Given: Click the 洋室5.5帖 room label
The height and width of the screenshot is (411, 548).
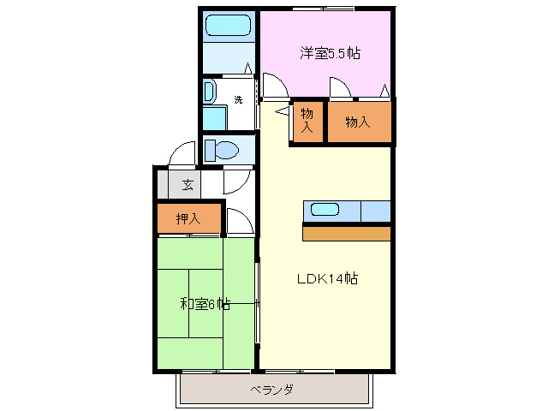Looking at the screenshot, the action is pos(330,53).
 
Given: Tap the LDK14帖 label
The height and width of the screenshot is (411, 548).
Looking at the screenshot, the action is pos(327,278).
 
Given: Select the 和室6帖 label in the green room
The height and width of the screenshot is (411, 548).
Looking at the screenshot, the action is pos(205,304).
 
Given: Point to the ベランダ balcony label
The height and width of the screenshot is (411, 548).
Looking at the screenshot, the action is pos(272,390).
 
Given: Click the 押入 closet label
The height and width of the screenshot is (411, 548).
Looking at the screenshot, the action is pos(188,219).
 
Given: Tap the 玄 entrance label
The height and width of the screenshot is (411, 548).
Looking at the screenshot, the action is pos(188,184).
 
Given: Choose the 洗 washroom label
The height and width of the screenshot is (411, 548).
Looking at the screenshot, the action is pos(238,99).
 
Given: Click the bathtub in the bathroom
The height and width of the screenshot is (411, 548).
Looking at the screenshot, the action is pos(229,25).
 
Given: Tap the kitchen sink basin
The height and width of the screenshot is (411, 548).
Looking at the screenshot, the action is pos(325,210).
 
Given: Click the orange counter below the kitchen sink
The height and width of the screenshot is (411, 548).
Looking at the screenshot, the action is pos(346,234).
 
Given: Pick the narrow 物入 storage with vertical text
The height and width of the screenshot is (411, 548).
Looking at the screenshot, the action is pos(307,122).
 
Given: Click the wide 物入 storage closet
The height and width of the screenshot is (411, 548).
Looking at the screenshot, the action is pos(360,122).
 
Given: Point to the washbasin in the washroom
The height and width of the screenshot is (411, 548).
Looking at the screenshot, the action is pos(209,92).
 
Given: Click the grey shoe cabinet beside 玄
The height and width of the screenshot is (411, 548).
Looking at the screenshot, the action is pos(163,184).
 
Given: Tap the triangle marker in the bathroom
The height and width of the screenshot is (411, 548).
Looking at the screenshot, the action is pos(247,68).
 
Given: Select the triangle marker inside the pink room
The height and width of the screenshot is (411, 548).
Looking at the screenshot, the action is pos(384,91).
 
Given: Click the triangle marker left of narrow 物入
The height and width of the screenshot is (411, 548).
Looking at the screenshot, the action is pos(283,111).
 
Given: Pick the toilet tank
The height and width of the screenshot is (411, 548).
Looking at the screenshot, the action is pos(210,151).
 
